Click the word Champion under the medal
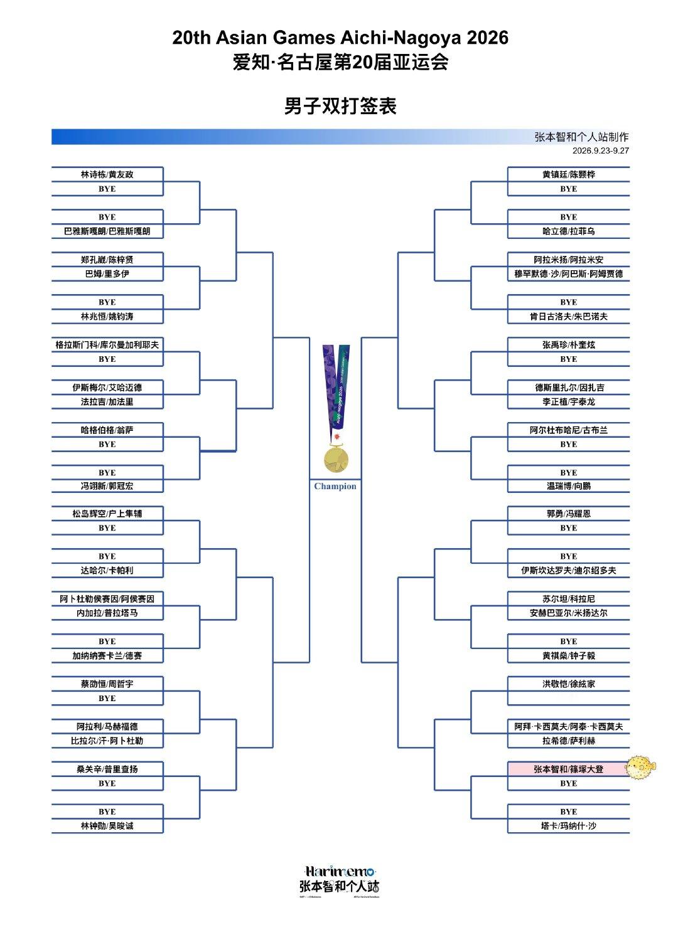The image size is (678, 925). [x=335, y=486]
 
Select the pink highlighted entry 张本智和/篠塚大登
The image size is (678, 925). [x=568, y=769]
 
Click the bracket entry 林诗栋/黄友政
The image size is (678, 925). [x=107, y=174]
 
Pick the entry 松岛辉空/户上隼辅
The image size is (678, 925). [x=107, y=513]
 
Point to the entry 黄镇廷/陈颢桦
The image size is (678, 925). [x=568, y=174]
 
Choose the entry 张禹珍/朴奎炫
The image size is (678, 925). [x=568, y=345]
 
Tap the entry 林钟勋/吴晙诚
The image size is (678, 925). [x=107, y=826]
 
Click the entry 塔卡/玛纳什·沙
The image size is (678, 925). [x=568, y=826]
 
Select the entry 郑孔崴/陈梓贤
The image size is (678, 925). [x=107, y=260]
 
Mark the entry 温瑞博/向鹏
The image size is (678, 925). [x=568, y=486]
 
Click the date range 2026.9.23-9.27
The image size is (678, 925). [x=600, y=151]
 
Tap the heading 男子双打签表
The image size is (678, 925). [x=340, y=106]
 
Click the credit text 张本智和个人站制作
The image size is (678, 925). [x=582, y=137]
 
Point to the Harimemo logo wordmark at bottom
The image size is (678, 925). [x=340, y=872]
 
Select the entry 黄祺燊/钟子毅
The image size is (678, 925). [x=568, y=656]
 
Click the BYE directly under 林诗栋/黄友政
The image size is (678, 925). [x=107, y=189]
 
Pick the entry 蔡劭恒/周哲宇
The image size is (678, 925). [x=107, y=684]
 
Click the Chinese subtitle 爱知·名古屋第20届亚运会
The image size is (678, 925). [x=340, y=63]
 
